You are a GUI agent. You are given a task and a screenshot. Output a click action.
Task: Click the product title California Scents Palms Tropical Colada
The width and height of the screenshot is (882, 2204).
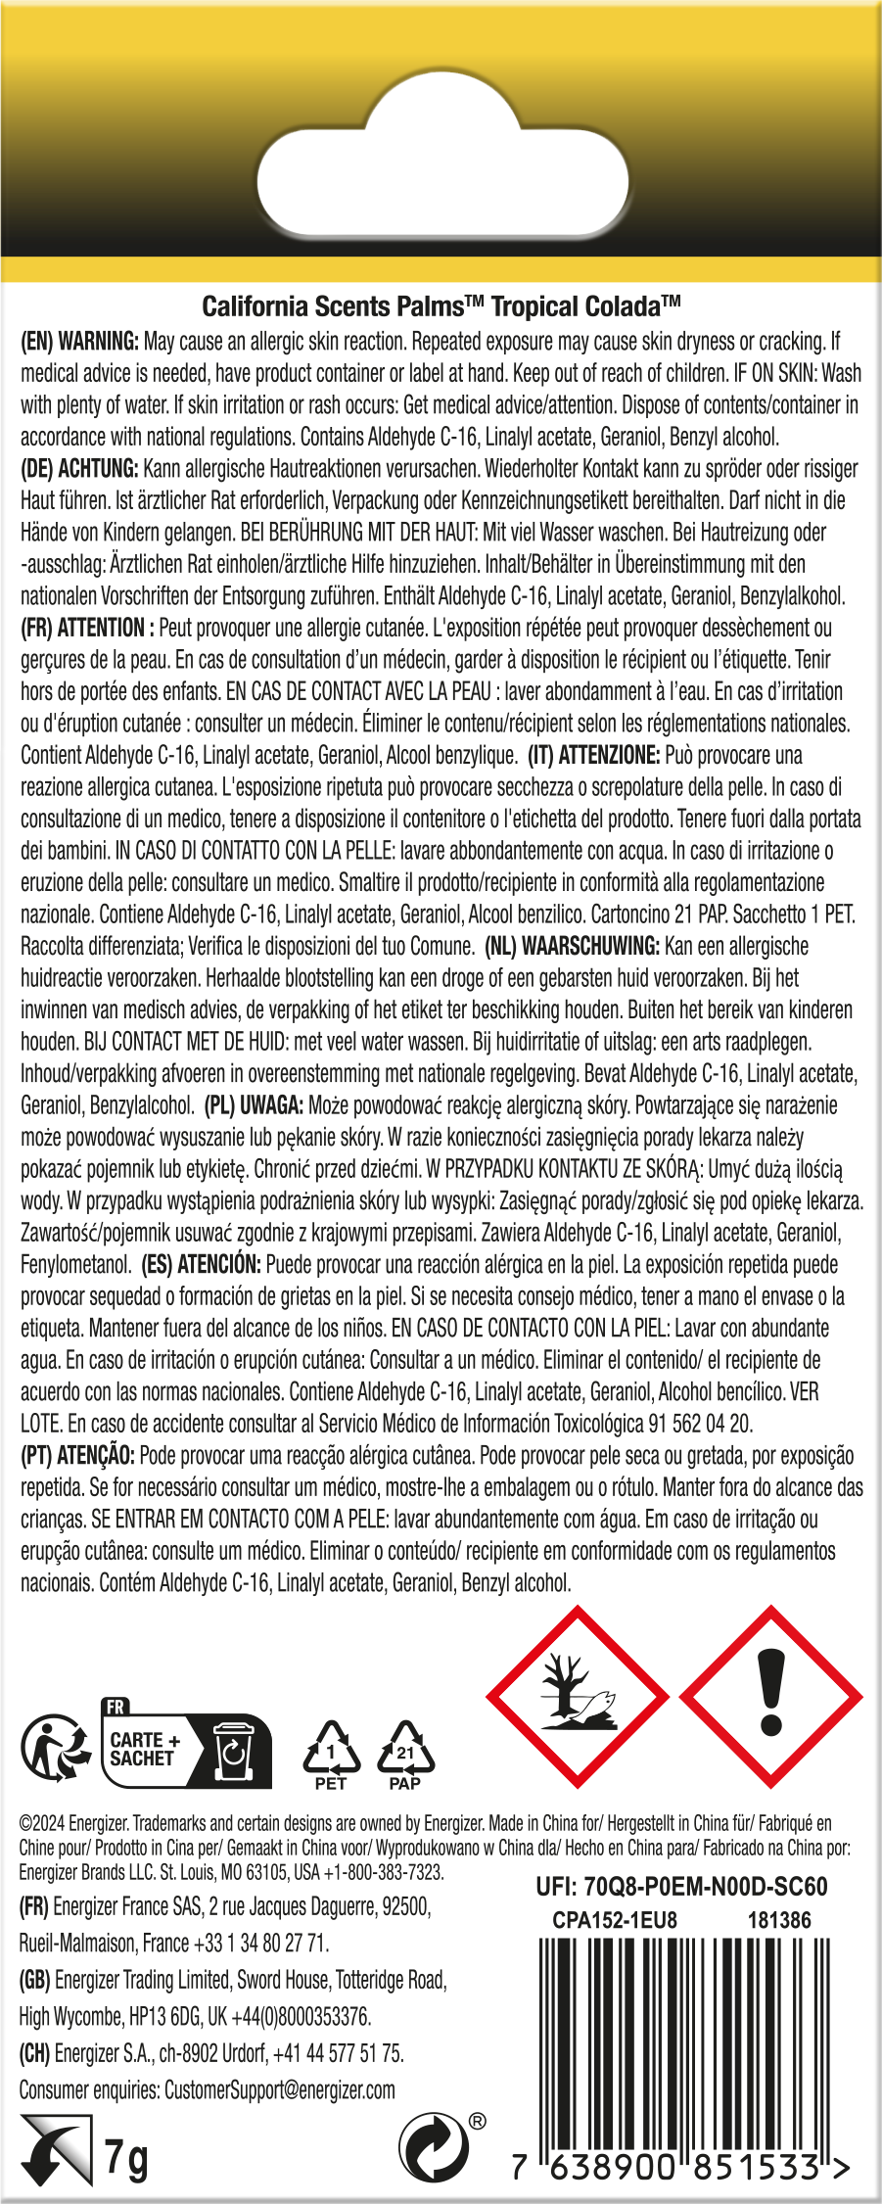tap(441, 306)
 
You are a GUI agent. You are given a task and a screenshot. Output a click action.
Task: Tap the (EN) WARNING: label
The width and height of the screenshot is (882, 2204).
tap(79, 342)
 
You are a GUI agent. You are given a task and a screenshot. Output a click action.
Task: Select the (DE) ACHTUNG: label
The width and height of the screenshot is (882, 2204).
tap(79, 469)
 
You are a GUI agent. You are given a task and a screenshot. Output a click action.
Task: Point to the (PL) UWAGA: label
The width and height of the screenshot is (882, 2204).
tap(254, 1105)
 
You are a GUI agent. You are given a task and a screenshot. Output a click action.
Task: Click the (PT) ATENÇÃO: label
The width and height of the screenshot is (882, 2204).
tap(77, 1455)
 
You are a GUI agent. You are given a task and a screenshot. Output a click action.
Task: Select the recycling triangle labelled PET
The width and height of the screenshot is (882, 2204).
tap(331, 1753)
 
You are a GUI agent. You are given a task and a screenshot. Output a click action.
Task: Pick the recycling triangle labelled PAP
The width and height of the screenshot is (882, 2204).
tap(404, 1753)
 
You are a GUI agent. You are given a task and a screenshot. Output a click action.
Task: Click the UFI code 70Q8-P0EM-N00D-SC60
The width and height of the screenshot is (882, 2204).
tap(681, 1886)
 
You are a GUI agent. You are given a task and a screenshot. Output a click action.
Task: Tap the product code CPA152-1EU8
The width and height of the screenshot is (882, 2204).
tap(615, 1920)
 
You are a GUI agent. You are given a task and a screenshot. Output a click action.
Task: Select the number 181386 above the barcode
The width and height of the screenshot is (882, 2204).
tap(779, 1920)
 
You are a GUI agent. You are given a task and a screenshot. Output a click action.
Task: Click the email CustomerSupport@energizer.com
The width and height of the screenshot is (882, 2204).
tap(280, 2089)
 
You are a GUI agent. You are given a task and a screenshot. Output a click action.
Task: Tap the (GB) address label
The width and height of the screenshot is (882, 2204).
tap(34, 1980)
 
